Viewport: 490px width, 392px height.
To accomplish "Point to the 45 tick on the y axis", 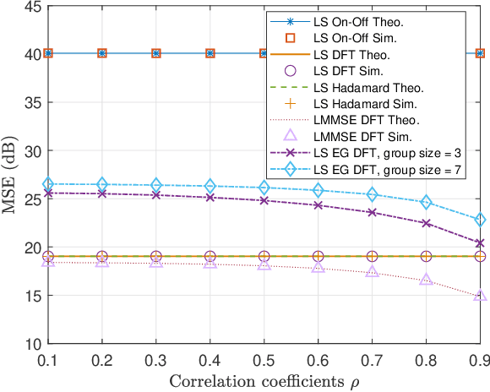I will click(x=28, y=7).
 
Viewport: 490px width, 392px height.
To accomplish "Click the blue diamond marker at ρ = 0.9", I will click(x=480, y=220).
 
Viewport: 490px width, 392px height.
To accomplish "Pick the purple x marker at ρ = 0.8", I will click(x=427, y=223).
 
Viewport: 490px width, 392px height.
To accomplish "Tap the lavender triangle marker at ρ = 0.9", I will click(x=480, y=296).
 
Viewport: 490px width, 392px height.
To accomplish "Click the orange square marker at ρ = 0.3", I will click(x=156, y=53).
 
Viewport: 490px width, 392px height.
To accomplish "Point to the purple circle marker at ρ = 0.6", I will click(x=318, y=256).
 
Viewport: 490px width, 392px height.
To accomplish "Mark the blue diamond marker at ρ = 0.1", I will click(x=48, y=184).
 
